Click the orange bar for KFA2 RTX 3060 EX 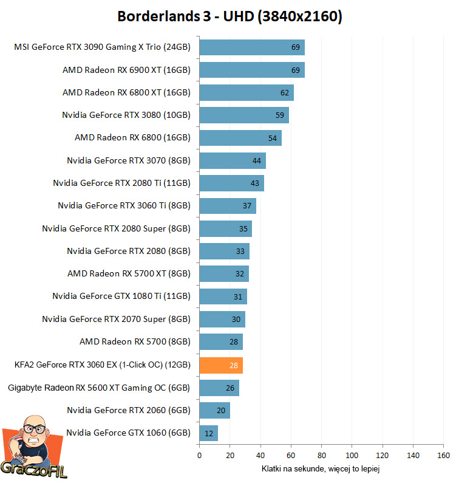220,365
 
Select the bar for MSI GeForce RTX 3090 251,47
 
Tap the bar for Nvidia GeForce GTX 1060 208,433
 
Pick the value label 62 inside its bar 285,93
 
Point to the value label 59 280,115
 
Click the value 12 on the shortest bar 209,433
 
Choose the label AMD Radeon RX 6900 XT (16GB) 126,70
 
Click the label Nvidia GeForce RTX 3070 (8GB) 129,160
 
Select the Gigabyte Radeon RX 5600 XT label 99,388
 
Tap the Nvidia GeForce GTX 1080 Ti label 121,296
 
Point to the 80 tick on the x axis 321,455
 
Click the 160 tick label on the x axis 443,455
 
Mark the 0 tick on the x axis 199,455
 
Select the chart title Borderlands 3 229,16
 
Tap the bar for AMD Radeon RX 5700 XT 223,274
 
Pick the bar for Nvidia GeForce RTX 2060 214,411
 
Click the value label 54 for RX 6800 273,138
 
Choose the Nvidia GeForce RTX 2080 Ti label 121,183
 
